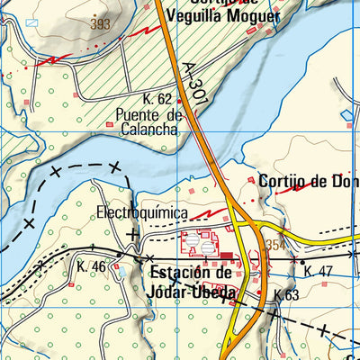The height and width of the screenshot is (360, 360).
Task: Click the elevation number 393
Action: (100, 24)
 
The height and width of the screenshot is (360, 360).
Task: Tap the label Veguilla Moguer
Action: (226, 16)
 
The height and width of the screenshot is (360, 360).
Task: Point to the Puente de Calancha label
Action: (149, 121)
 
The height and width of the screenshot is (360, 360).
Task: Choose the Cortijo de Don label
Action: (308, 179)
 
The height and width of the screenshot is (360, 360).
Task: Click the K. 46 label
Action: (92, 266)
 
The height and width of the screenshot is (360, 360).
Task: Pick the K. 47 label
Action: (319, 271)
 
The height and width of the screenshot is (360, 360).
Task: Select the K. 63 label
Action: (286, 294)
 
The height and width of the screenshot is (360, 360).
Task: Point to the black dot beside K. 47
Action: (302, 261)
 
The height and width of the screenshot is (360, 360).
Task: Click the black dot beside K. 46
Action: (117, 256)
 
